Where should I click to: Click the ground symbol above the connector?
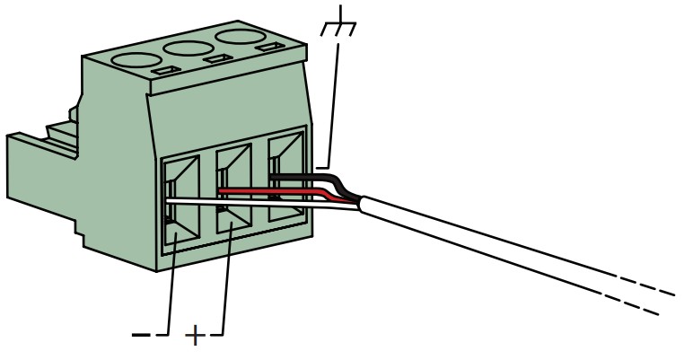338,26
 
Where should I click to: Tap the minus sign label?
142,336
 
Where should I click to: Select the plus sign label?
196,337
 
